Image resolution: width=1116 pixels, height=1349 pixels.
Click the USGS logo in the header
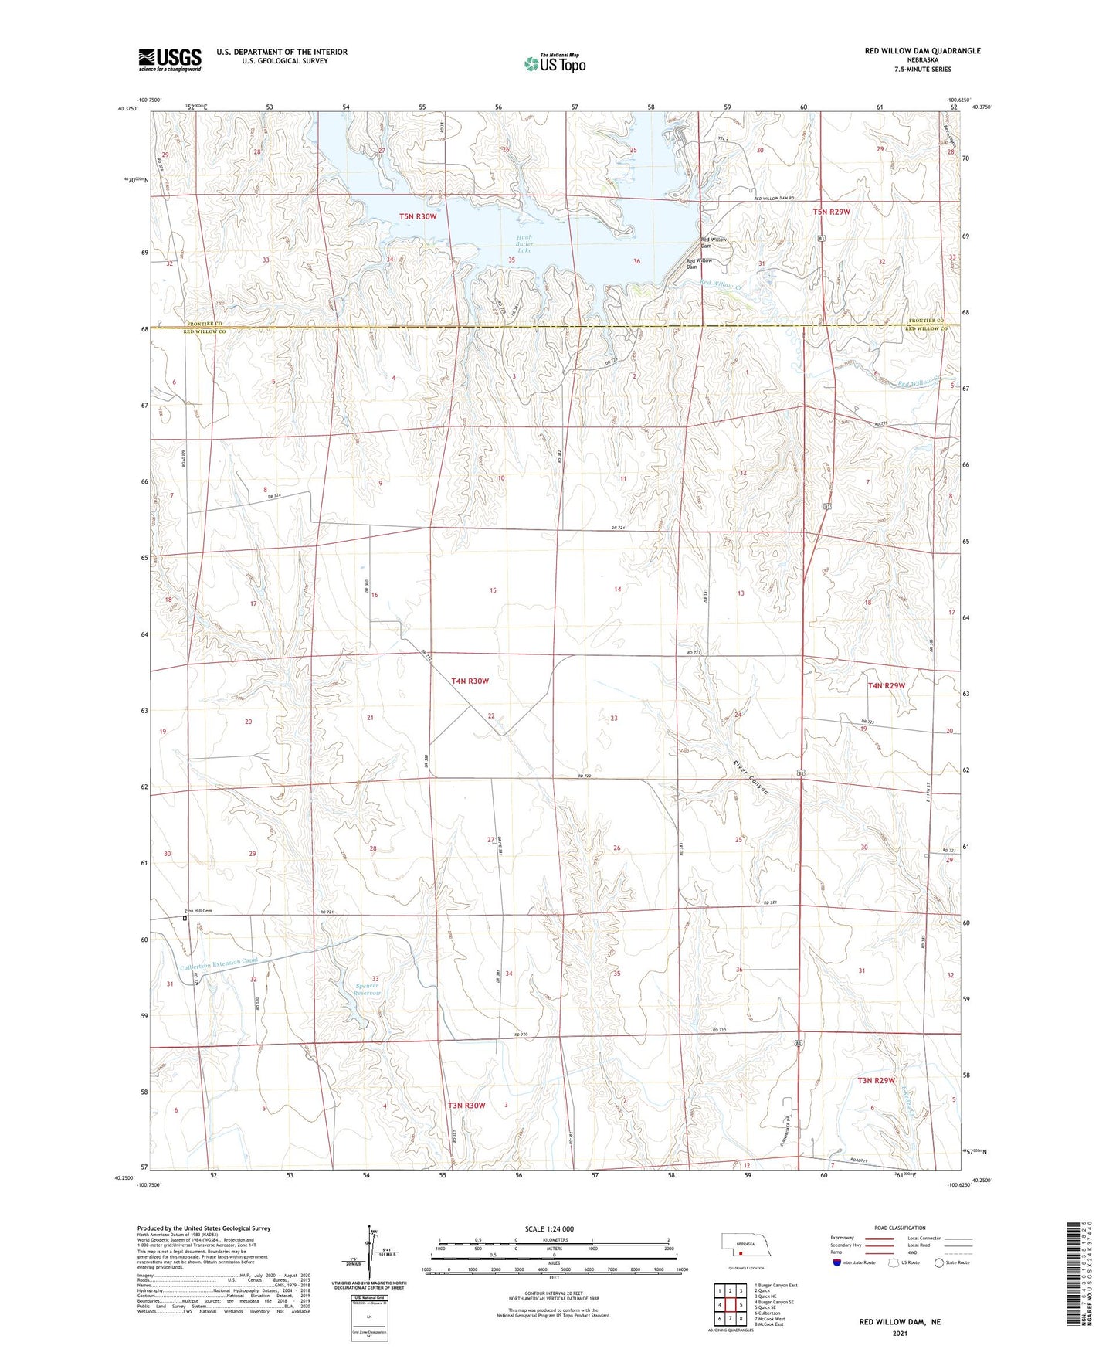169,59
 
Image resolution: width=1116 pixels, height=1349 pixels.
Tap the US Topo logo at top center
554,63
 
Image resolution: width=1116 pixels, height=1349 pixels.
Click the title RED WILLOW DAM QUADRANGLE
922,51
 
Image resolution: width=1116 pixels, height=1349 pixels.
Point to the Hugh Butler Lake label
524,244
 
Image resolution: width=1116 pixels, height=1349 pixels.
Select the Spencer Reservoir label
368,989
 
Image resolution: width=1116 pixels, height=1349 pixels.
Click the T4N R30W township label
470,681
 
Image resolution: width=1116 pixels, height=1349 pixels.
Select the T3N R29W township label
876,1080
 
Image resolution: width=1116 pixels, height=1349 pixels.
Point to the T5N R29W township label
831,212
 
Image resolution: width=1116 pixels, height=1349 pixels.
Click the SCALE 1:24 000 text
549,1228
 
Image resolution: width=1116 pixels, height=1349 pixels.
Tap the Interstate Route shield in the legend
838,1262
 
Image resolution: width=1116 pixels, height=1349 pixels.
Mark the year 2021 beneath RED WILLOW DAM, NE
899,1334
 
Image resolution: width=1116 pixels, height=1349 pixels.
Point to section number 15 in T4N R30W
493,590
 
